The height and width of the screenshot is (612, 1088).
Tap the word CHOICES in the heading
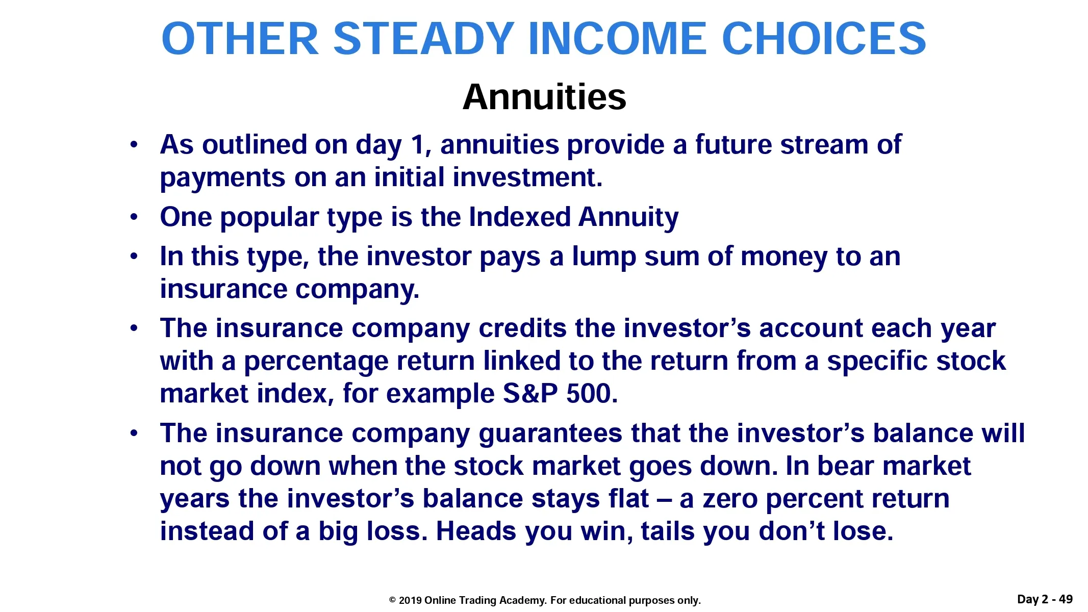tap(824, 39)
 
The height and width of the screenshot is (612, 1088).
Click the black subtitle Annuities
tap(544, 96)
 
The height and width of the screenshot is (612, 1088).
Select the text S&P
tap(530, 394)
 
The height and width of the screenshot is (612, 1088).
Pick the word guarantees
tap(550, 434)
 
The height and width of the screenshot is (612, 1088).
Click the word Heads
tap(476, 531)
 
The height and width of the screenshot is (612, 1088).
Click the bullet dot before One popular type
tap(134, 217)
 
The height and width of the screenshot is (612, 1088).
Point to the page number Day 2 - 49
tap(1045, 599)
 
